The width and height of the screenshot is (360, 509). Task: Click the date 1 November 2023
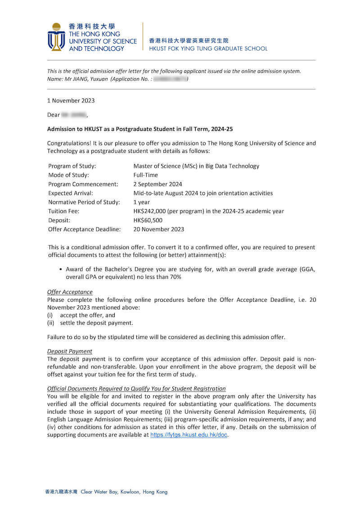71,101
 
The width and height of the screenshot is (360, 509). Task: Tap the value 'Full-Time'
146,175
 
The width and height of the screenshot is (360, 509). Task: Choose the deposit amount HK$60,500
148,220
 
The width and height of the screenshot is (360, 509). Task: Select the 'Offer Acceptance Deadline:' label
85,229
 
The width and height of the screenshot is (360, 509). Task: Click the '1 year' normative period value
142,202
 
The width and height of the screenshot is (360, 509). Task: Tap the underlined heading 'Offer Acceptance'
70,292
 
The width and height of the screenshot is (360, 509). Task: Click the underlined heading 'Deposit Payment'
70,351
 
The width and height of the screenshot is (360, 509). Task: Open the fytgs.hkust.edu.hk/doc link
189,435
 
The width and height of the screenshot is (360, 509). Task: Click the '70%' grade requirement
175,277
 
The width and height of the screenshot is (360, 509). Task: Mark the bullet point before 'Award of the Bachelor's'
61,269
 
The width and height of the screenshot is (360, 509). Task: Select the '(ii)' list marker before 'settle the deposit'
51,323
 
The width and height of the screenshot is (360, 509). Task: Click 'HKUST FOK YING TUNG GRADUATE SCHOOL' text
208,49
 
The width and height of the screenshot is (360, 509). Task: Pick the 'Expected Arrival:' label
71,193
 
